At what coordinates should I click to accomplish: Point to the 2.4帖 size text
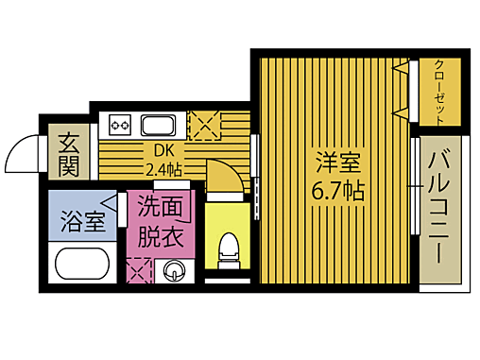[163, 170]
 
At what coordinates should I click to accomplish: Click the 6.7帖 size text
[337, 190]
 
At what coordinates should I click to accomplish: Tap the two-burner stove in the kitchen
[120, 124]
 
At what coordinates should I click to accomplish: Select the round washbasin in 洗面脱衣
[175, 272]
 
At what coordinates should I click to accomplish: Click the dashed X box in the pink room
[139, 272]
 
